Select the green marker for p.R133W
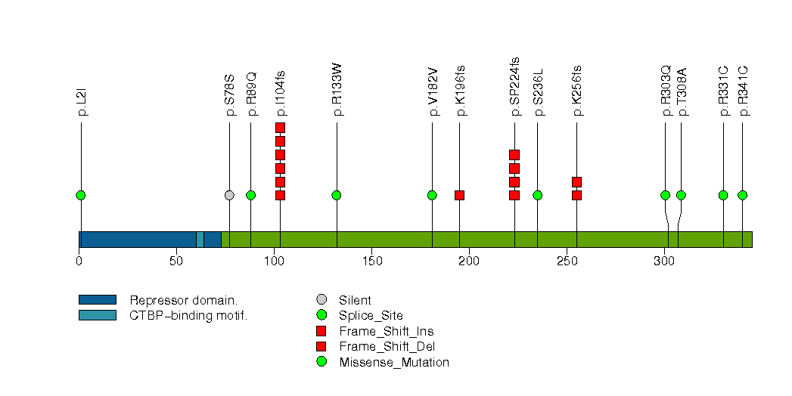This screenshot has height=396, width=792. (x=337, y=195)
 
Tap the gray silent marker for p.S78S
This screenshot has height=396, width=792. (x=229, y=195)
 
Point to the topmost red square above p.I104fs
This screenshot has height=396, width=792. (x=281, y=128)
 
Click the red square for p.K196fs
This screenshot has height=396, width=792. (x=459, y=195)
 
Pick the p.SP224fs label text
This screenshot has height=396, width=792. (x=514, y=87)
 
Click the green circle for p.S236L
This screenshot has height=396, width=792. (x=537, y=195)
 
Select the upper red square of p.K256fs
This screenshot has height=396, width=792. (x=577, y=181)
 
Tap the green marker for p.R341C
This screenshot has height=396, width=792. (x=742, y=195)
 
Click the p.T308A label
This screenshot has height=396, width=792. (x=682, y=91)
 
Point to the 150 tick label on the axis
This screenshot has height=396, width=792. (x=371, y=261)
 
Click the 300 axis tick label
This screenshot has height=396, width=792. (x=665, y=261)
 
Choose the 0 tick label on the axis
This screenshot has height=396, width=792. (x=79, y=261)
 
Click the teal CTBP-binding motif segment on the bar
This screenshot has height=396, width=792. (x=200, y=240)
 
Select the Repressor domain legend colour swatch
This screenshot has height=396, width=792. (x=98, y=300)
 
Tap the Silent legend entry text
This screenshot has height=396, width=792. (x=355, y=300)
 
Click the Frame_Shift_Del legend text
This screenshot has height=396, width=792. (x=387, y=347)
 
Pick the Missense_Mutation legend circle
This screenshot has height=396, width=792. (x=321, y=362)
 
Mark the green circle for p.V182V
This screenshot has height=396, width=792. (x=432, y=195)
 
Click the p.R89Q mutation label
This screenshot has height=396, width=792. (x=252, y=94)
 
